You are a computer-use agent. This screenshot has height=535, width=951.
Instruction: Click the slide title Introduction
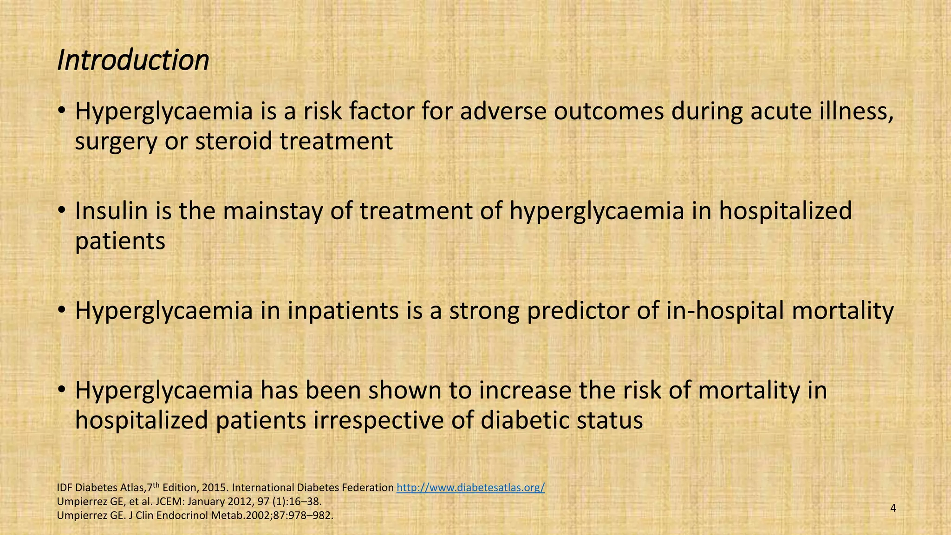coord(133,60)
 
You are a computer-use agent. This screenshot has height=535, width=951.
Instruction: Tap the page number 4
coord(893,508)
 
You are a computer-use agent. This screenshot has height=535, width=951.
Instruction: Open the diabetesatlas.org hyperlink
coord(470,488)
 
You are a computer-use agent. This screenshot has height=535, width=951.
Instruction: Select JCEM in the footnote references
coord(138,502)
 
